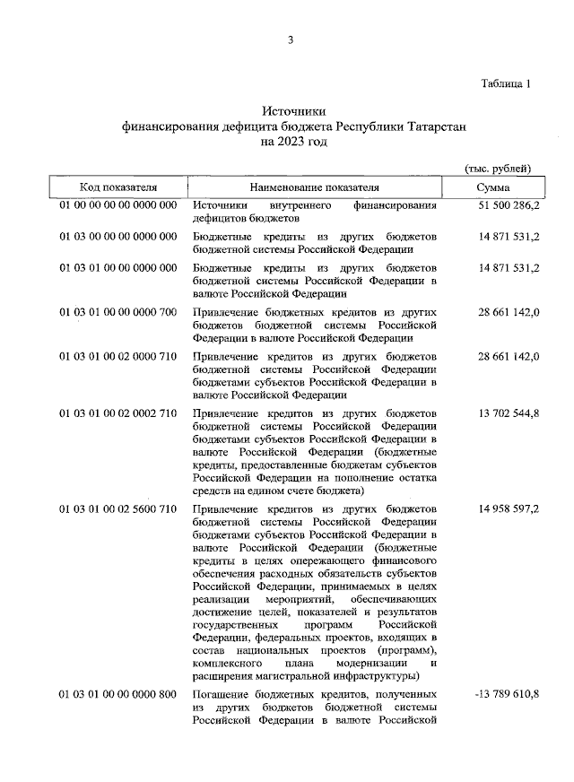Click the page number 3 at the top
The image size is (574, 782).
(x=291, y=39)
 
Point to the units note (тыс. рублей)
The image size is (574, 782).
(x=499, y=169)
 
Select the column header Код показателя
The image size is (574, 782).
(x=118, y=187)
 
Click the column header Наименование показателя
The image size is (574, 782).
(x=315, y=187)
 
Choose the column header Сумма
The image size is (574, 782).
(x=494, y=187)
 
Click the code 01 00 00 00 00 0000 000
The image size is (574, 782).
(x=118, y=206)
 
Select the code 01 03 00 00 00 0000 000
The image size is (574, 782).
(x=118, y=237)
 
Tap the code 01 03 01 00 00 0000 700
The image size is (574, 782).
(x=118, y=312)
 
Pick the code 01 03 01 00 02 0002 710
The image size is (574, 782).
(x=118, y=413)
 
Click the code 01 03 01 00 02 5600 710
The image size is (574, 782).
(x=118, y=510)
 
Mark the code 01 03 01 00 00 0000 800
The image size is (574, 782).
(x=118, y=695)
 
